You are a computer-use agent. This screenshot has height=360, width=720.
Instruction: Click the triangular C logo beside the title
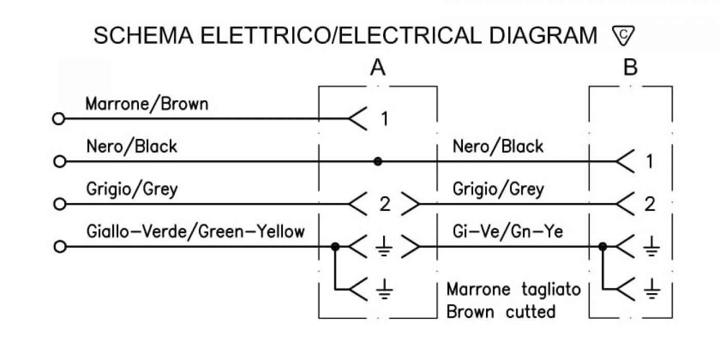(x=623, y=35)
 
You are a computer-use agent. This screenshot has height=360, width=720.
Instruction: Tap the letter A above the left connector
(x=377, y=68)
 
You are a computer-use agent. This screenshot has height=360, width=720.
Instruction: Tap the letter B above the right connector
(x=631, y=68)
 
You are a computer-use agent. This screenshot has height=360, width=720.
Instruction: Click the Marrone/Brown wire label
(x=147, y=104)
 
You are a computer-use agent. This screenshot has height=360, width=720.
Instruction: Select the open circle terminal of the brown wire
(x=59, y=119)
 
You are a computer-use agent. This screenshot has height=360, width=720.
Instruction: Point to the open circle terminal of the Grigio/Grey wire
(x=60, y=204)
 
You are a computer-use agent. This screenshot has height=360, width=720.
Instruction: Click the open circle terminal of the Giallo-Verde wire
(x=60, y=247)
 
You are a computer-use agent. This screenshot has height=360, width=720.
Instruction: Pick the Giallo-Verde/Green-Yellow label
(x=195, y=231)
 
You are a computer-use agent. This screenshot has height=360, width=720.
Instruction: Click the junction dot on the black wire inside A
(x=378, y=161)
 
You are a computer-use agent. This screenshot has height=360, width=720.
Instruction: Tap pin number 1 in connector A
(x=385, y=119)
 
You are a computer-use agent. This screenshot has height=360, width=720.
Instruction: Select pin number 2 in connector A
(x=385, y=204)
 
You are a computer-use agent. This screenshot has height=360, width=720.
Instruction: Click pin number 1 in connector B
(x=650, y=161)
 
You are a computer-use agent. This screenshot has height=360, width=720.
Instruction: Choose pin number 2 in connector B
(x=650, y=204)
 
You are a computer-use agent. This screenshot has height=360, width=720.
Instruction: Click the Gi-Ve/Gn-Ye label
(x=508, y=231)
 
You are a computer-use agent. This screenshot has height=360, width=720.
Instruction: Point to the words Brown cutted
(x=501, y=312)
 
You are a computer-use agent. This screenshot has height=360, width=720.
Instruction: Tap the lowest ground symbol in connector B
(x=652, y=289)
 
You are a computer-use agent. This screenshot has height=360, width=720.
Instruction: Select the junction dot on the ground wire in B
(x=603, y=246)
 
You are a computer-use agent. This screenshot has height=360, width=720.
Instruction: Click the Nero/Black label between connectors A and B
(x=498, y=147)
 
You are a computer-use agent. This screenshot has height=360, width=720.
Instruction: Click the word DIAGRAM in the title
(x=543, y=35)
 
